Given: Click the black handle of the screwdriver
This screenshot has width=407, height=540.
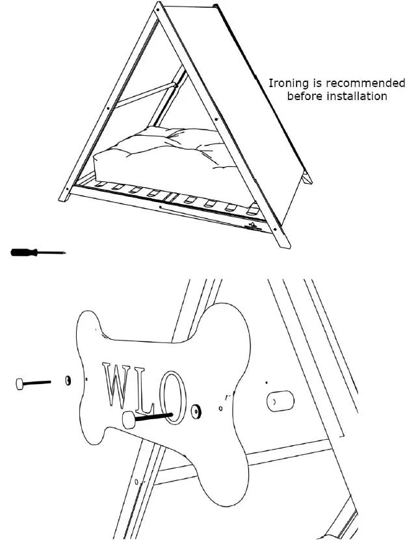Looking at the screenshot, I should (x=25, y=252).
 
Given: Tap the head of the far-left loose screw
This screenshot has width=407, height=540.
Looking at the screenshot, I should (x=21, y=384).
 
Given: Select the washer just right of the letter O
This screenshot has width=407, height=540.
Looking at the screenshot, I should (x=196, y=411).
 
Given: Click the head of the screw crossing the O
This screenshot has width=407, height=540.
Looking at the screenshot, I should (x=129, y=420).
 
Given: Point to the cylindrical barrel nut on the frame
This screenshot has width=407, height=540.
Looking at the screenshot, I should (x=279, y=402).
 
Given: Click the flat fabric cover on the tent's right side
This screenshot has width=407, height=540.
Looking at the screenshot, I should (x=260, y=97).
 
